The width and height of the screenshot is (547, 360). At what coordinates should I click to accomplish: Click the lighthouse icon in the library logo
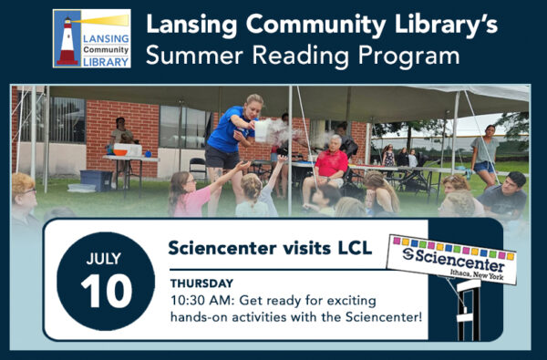(67, 42)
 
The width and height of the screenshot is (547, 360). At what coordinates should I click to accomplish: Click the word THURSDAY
(201, 283)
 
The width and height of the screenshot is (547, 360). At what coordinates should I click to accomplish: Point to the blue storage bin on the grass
(95, 180)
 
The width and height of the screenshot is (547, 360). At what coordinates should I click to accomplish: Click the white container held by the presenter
(263, 131)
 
